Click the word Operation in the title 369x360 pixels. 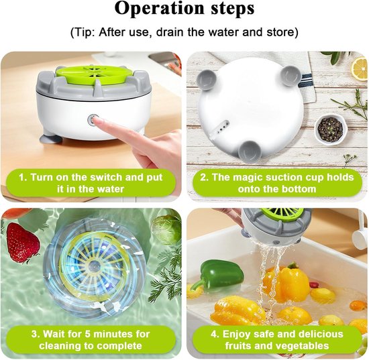pyautogui.click(x=160, y=9)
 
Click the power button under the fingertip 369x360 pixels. pyautogui.click(x=93, y=119)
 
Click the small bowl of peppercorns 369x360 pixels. pyautogui.click(x=330, y=129)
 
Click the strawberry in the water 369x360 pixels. pyautogui.click(x=22, y=243)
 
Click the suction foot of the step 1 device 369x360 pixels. pyautogui.click(x=51, y=139)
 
